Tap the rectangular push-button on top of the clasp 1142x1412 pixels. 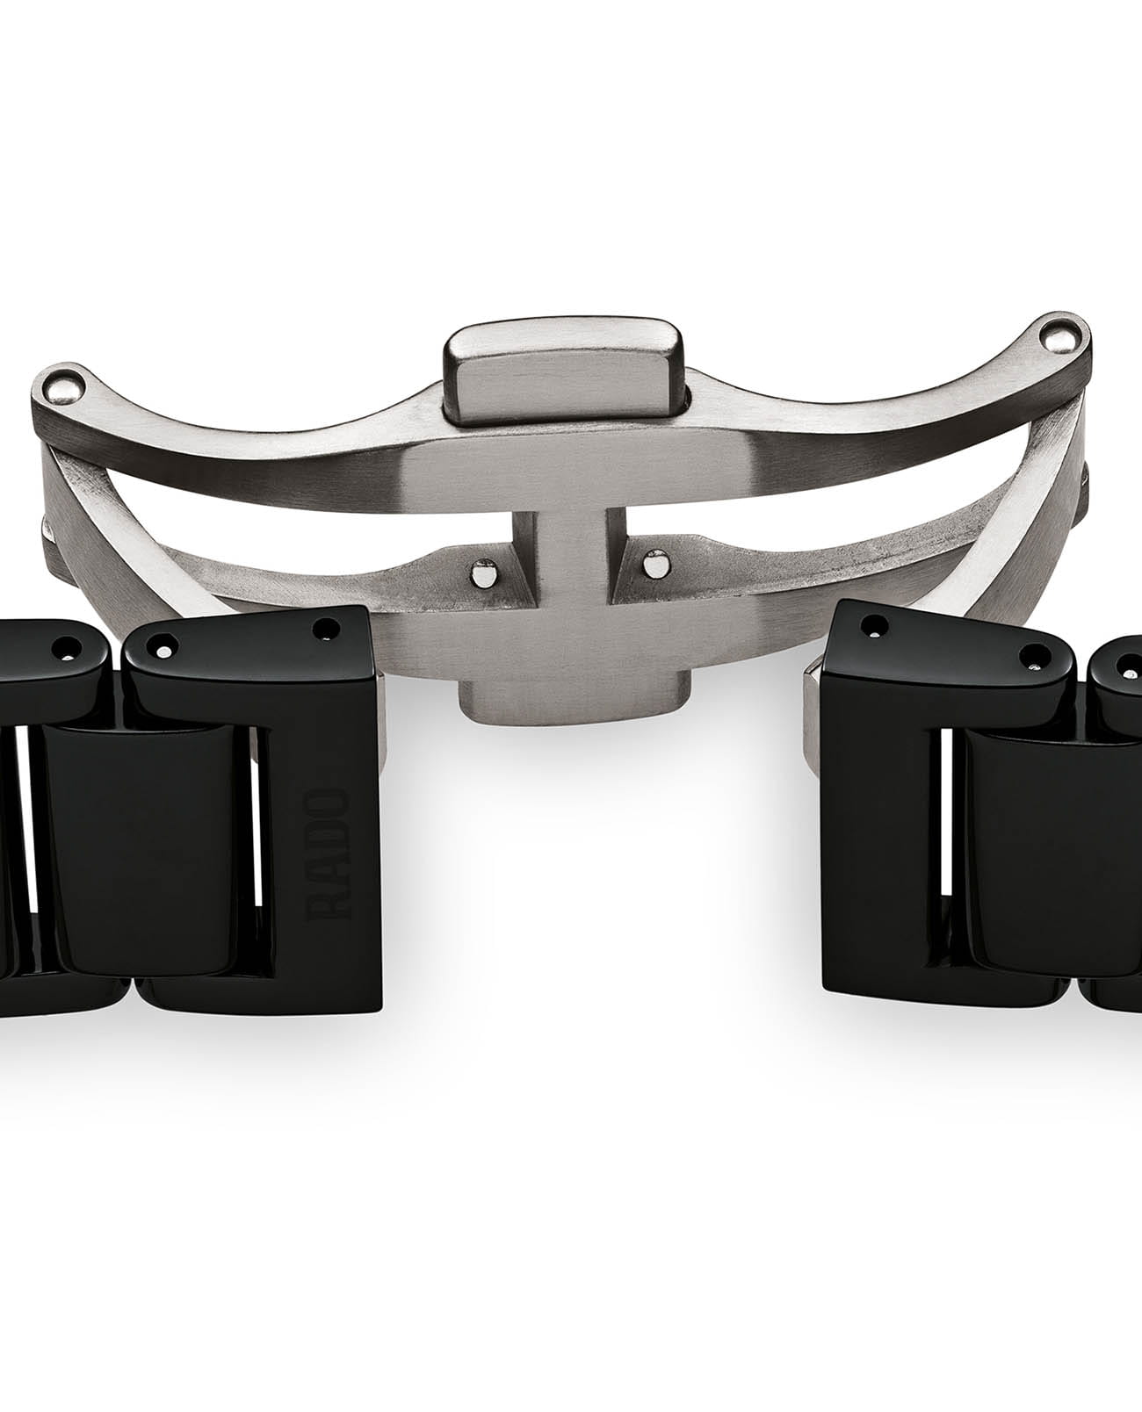click(564, 373)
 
